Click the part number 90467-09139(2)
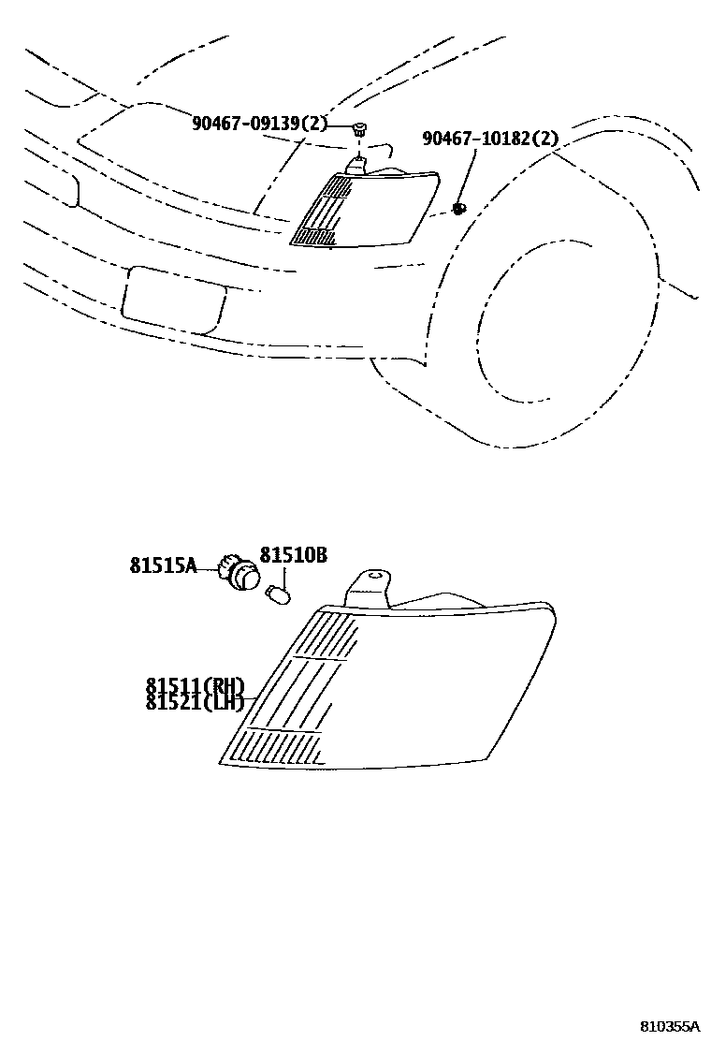260,123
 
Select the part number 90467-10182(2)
490,139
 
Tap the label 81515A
163,565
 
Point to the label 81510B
293,555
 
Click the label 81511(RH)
195,686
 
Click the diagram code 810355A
669,1026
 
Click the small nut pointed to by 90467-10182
459,208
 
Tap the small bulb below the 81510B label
278,594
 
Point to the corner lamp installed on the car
365,211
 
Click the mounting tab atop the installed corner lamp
358,164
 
